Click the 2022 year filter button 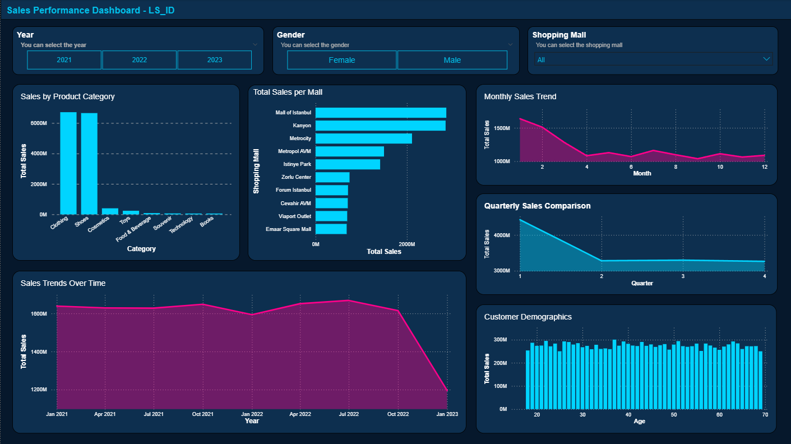(x=139, y=60)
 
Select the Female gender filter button (x=341, y=60)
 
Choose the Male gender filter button (x=452, y=60)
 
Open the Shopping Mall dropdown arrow (x=766, y=59)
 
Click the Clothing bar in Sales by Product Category (x=68, y=163)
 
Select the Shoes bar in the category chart (x=89, y=163)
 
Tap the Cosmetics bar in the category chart (x=110, y=211)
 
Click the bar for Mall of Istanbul (x=381, y=113)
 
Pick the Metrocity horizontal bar (x=363, y=138)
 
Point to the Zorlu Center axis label (x=296, y=177)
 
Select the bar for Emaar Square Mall (x=331, y=229)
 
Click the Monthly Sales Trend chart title (x=520, y=96)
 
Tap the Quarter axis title (x=642, y=283)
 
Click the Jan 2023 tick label (x=447, y=414)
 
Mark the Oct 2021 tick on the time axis (x=202, y=414)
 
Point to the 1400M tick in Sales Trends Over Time (x=38, y=352)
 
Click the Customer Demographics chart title (x=528, y=317)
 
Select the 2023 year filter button (x=214, y=60)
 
